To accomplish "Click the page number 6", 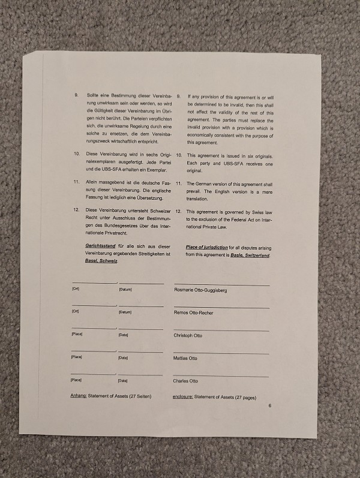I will coord(270,406).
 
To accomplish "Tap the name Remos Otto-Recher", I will coord(193,313).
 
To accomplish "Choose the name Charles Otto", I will coord(185,381).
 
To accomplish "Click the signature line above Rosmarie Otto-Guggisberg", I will coord(221,284).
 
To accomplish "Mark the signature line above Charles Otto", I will coord(221,375).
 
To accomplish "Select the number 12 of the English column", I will coord(179,212).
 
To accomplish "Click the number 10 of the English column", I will coord(179,155).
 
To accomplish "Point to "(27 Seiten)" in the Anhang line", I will coord(137,396).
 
